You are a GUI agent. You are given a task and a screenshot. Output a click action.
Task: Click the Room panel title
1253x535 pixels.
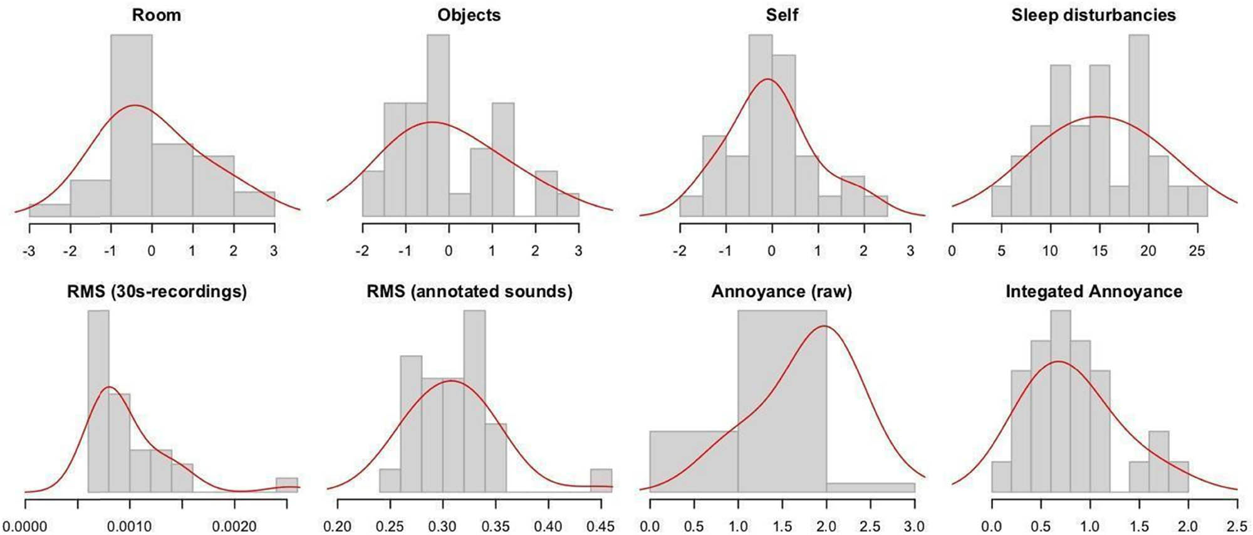(156, 15)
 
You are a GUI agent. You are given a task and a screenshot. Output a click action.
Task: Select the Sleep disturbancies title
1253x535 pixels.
(1093, 15)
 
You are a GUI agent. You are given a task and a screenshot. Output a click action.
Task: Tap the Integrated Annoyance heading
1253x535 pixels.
(1094, 291)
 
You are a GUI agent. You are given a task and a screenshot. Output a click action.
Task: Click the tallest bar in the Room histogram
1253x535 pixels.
(131, 125)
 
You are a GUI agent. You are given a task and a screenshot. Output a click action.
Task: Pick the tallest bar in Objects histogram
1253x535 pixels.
(438, 125)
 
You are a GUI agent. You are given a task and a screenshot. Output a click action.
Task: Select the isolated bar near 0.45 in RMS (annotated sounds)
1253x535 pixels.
(601, 480)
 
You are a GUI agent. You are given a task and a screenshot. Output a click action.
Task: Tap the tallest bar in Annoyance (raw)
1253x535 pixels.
(782, 401)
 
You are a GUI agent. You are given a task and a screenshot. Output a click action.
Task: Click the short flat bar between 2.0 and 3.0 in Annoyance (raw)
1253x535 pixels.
(870, 487)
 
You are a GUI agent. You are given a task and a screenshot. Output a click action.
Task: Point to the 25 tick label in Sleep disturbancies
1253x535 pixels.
(1197, 251)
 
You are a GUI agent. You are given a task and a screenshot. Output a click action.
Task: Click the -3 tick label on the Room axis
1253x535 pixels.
(29, 251)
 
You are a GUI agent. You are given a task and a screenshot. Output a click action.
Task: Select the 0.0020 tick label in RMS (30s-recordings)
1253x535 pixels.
(234, 526)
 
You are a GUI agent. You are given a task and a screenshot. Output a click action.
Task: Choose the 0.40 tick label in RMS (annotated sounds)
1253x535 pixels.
(548, 526)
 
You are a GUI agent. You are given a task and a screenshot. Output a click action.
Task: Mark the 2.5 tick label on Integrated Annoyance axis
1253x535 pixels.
(1236, 526)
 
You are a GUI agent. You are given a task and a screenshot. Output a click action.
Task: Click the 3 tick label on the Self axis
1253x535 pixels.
(910, 251)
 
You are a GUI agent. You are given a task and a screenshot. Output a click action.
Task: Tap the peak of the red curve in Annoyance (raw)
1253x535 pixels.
(824, 326)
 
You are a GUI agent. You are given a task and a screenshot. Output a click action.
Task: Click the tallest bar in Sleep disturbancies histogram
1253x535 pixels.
(1138, 125)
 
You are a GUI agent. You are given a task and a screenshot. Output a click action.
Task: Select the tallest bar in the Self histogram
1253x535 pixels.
(760, 125)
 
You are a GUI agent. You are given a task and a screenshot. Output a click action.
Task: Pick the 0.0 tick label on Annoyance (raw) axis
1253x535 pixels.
(650, 526)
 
